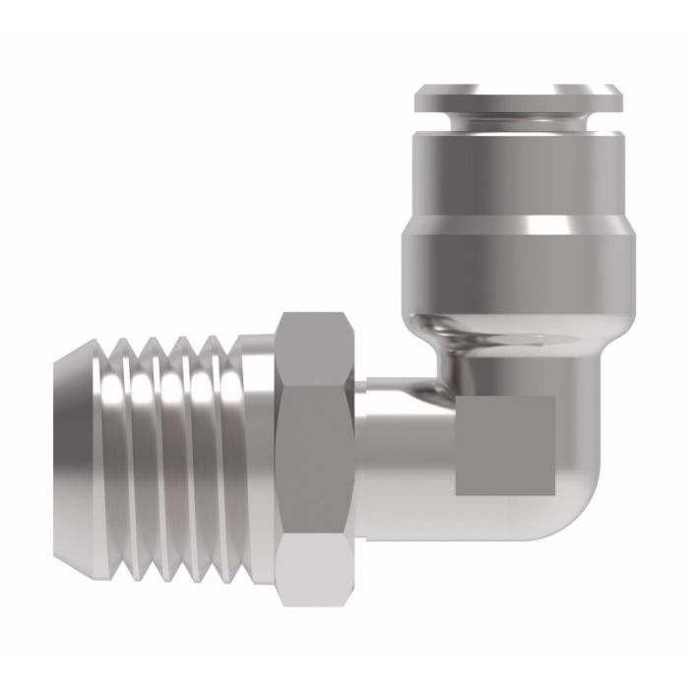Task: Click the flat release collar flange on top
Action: click(518, 96)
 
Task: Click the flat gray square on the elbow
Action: click(504, 444)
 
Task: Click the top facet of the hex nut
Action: click(315, 345)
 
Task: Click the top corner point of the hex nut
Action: click(315, 313)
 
